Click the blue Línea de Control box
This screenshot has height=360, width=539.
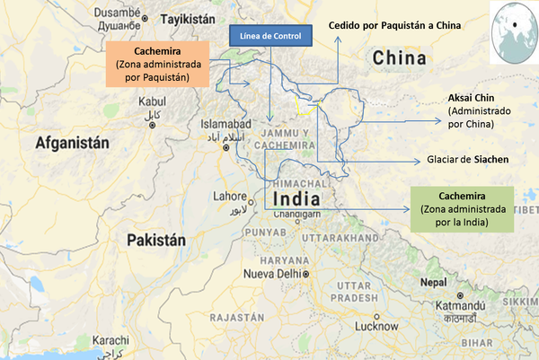(x=272, y=37)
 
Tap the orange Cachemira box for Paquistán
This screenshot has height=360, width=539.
(x=158, y=66)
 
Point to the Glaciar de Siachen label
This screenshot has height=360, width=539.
(x=466, y=160)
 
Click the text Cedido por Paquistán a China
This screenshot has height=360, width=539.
(x=395, y=26)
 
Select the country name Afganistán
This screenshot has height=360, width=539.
(x=71, y=142)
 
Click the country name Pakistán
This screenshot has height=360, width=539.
(x=156, y=240)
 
